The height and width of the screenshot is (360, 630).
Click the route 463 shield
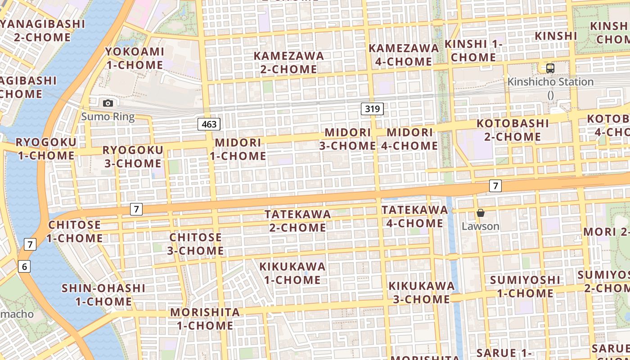(209, 124)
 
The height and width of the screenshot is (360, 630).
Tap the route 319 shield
(372, 108)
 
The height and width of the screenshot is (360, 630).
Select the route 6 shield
(24, 266)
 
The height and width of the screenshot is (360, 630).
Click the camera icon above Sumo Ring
(108, 103)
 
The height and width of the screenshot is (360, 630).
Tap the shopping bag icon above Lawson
(481, 213)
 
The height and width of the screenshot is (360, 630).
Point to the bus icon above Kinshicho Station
(550, 68)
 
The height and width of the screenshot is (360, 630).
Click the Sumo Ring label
(108, 117)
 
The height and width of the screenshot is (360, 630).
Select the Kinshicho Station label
(550, 82)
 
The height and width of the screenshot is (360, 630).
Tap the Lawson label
(481, 226)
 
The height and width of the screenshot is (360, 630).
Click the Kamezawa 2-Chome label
(289, 63)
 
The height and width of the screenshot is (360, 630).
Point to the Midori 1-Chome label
(238, 149)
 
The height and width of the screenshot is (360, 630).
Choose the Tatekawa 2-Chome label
(298, 220)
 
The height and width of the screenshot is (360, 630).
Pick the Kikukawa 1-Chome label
(292, 273)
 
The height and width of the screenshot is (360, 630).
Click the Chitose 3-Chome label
(196, 243)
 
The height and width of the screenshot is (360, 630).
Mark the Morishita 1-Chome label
(205, 319)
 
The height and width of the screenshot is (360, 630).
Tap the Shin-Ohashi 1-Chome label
(103, 294)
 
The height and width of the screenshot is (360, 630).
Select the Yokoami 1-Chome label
(135, 58)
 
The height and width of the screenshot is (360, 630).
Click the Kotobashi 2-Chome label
(513, 130)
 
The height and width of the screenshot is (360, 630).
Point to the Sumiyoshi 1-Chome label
(525, 287)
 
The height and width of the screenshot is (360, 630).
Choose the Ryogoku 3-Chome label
(133, 157)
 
